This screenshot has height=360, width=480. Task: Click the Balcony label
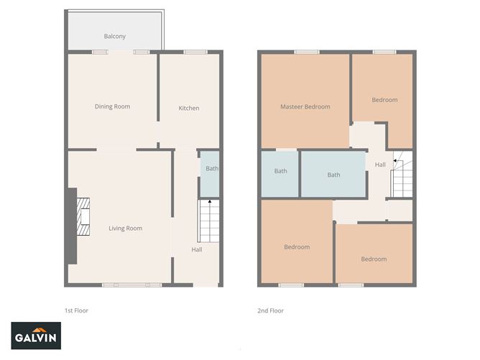pos(115,36)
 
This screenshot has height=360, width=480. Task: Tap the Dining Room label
pos(113,107)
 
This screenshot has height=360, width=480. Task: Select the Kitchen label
pos(189,109)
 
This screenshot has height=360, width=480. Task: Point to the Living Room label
pos(126,229)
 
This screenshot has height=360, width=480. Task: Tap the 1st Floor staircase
pos(208,221)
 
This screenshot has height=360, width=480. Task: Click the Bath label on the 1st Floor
pos(212,169)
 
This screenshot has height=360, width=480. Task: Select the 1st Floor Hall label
pos(197,250)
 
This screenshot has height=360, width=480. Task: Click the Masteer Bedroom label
pos(305,107)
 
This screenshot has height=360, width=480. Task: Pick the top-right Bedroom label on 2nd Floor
pos(384,100)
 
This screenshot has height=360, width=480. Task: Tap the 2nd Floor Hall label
pos(380,165)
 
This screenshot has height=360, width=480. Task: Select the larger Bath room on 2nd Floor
pos(334,175)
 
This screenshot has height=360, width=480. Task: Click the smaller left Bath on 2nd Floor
pos(280,171)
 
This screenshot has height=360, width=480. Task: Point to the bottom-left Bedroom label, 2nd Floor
pos(297,247)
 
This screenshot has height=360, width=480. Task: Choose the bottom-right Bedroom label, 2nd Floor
pos(374,259)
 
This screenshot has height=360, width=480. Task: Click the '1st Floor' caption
pos(77,310)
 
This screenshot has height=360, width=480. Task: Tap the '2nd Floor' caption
pos(271,310)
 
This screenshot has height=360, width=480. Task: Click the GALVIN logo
pos(37,336)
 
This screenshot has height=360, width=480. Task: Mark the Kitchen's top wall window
pos(195,51)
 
